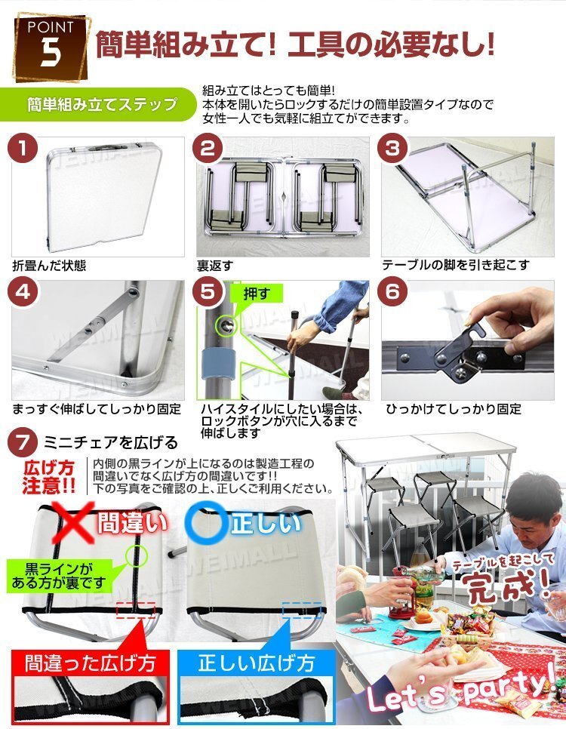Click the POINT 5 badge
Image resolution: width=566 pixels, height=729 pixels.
click(x=51, y=48)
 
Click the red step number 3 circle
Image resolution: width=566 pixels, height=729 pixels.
click(x=393, y=149)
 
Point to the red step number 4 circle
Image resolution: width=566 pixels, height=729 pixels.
click(x=23, y=293)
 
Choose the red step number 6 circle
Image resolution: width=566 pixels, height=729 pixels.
click(x=393, y=293)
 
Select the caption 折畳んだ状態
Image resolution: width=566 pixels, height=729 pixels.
click(x=49, y=266)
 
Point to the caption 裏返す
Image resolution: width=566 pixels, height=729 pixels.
click(x=215, y=266)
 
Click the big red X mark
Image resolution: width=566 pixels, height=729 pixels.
click(x=72, y=522)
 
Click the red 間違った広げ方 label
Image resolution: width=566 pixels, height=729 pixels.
click(x=90, y=663)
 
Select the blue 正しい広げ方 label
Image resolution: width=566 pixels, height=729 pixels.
click(x=257, y=663)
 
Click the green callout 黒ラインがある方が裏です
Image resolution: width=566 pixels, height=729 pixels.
click(x=59, y=576)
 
